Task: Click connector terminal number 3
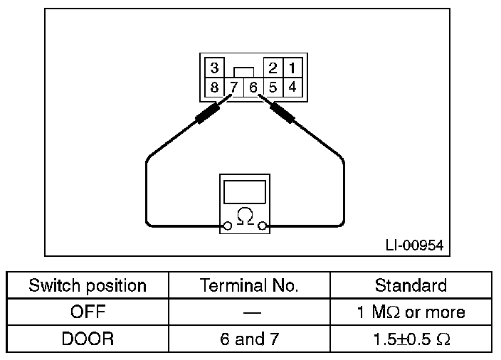point(213,68)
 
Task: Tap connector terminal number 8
point(213,88)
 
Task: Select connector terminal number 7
point(234,89)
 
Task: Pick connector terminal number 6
point(253,89)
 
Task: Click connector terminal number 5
point(273,88)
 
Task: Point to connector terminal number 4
point(292,88)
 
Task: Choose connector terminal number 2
point(273,68)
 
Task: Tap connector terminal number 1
point(292,68)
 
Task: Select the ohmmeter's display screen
point(245,191)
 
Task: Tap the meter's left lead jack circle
point(227,226)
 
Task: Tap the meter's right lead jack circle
point(263,226)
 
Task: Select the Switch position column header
point(88,286)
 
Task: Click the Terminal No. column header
point(250,286)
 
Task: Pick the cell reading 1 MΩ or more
point(411,312)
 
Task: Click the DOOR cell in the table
point(88,339)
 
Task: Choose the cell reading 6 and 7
point(250,339)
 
